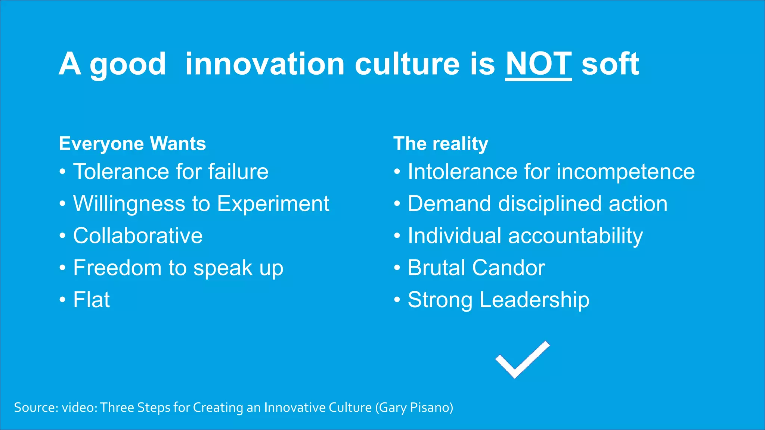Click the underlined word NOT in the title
click(538, 64)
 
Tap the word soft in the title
click(610, 64)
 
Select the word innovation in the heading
click(264, 64)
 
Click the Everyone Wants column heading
click(132, 144)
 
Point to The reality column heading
click(441, 144)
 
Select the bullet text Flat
click(92, 300)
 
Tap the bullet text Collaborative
click(138, 236)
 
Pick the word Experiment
click(273, 204)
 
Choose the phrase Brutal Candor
click(476, 268)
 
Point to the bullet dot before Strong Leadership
click(397, 300)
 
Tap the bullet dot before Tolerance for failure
click(62, 172)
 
